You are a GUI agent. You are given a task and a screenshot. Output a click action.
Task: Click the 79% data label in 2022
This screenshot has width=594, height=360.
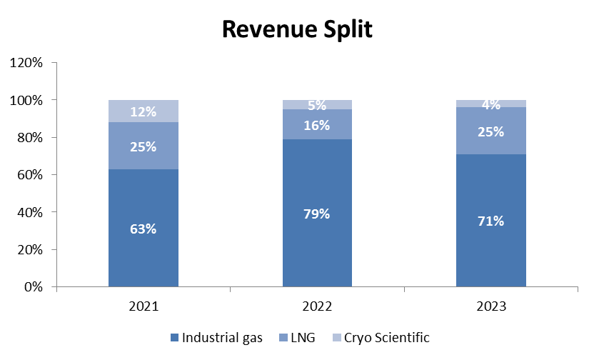pyautogui.click(x=317, y=214)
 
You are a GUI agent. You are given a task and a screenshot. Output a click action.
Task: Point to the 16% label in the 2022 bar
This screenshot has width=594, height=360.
pyautogui.click(x=317, y=126)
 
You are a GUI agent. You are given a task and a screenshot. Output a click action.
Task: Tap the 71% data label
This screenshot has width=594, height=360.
pyautogui.click(x=491, y=221)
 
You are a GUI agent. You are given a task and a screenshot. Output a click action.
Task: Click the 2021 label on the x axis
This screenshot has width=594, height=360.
pyautogui.click(x=143, y=306)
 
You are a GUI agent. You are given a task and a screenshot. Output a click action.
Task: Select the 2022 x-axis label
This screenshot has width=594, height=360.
pyautogui.click(x=317, y=306)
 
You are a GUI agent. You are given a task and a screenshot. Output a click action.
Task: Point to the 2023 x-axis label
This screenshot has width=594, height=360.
pyautogui.click(x=491, y=306)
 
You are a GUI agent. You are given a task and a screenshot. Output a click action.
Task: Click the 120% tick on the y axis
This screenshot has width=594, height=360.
pyautogui.click(x=28, y=63)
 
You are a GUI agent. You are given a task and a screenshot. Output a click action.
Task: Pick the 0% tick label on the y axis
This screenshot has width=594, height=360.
pyautogui.click(x=34, y=287)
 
